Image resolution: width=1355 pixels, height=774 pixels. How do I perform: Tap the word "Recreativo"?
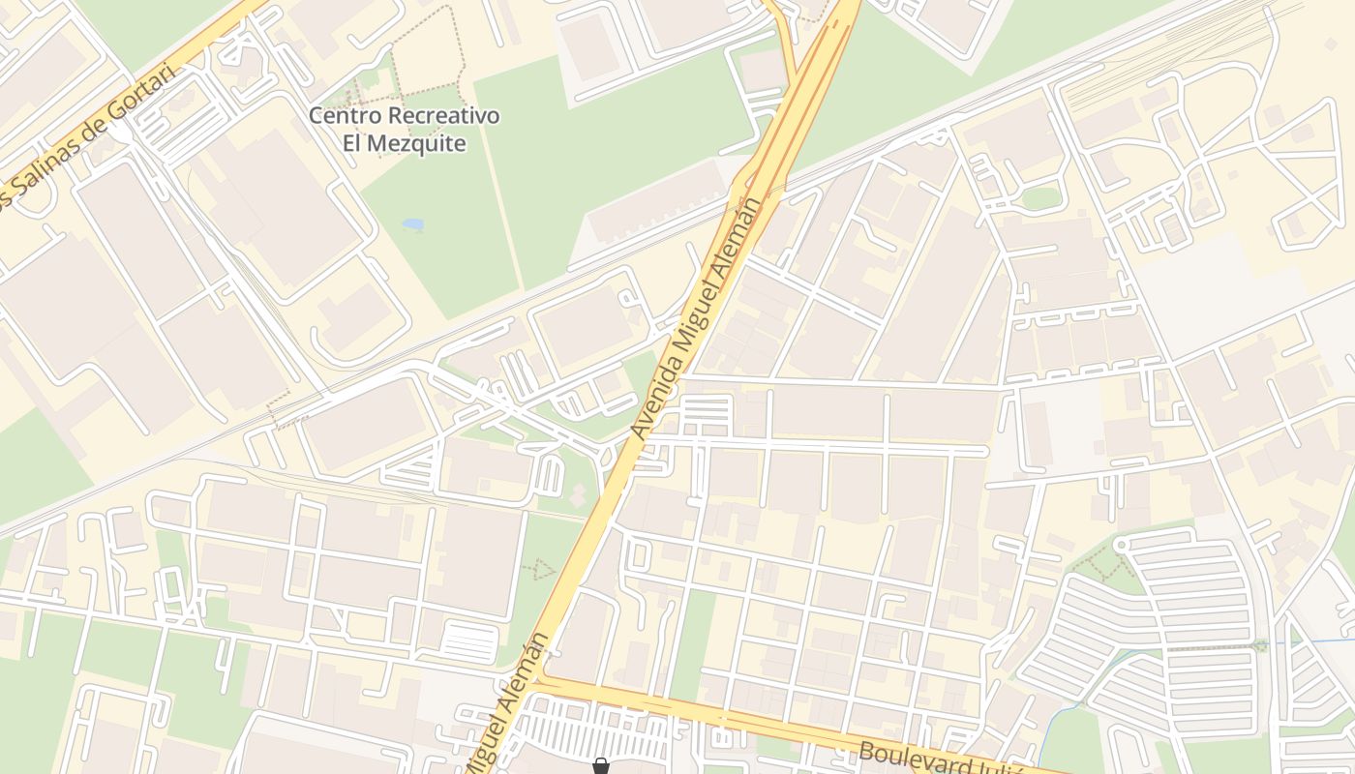click(446, 116)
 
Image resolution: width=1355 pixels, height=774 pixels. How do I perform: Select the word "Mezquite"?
click(419, 144)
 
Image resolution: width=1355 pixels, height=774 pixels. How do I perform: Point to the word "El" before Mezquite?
click(353, 144)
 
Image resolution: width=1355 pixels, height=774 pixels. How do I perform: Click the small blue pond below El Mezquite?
click(413, 224)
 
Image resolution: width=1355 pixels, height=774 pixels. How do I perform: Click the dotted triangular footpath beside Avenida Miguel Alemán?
click(539, 569)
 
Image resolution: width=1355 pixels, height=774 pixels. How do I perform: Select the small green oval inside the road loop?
click(1041, 197)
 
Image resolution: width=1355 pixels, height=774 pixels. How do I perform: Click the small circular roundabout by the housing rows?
click(1123, 545)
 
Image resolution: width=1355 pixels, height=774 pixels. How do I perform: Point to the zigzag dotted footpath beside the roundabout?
click(1094, 561)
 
